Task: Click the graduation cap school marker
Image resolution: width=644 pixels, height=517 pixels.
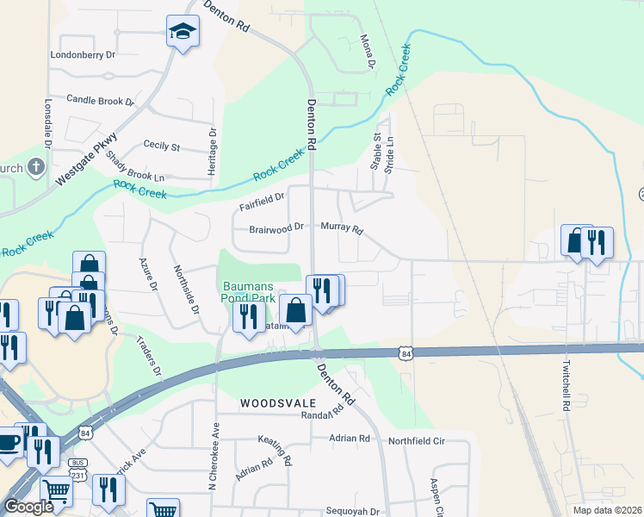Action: point(182,33)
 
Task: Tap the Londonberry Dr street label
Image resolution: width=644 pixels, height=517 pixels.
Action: point(83,54)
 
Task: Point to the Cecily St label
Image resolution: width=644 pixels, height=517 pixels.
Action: point(161,146)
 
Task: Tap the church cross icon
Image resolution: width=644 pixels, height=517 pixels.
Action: point(36,166)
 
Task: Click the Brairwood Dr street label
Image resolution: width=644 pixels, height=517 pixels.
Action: point(276,228)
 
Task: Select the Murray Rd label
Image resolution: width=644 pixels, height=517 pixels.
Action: point(342,230)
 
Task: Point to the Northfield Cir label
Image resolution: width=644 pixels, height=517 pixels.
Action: point(416,440)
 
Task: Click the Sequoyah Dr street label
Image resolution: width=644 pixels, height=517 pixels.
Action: point(352,511)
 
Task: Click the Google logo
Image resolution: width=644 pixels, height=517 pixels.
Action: point(28,507)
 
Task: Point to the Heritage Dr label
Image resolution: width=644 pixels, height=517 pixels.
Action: point(212,152)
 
